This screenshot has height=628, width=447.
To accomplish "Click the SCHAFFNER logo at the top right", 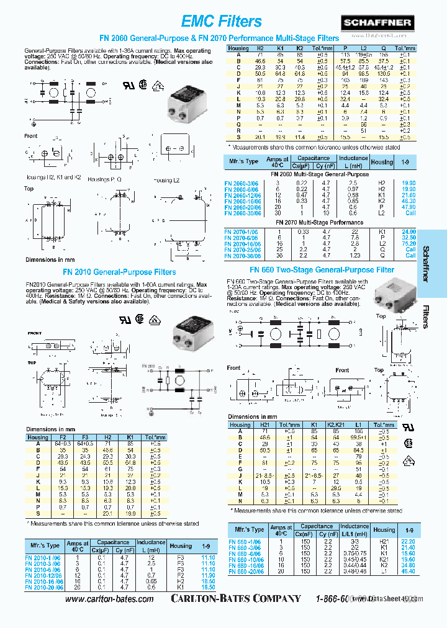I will [404, 23].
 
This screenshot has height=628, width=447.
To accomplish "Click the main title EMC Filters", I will [222, 22].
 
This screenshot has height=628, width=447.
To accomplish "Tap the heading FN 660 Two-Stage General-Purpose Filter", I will [322, 270].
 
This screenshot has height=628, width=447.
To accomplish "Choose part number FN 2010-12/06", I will [43, 575].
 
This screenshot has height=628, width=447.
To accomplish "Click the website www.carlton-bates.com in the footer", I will [109, 599].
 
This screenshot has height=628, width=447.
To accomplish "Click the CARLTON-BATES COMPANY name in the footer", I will [237, 599].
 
